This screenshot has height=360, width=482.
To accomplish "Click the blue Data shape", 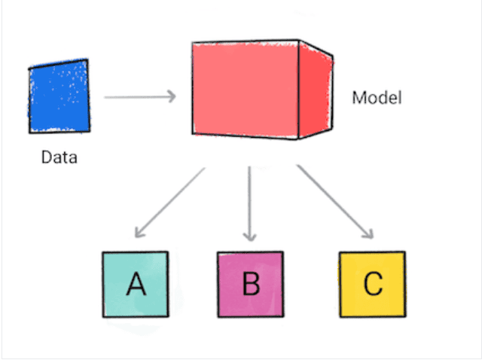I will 59,97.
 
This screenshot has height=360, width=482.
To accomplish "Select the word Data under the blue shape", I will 59,158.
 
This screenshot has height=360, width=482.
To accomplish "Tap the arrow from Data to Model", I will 139,96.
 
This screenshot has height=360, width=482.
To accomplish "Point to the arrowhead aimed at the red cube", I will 172,96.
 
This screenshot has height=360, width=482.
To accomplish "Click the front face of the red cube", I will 245,88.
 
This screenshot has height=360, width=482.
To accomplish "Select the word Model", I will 377,98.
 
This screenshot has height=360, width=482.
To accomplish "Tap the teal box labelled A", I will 136,284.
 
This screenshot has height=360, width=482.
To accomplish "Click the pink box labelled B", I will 250,285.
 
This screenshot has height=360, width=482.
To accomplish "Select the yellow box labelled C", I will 372,284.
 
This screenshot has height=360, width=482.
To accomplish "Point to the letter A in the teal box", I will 136,285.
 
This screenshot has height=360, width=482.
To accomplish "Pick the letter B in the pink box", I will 251,285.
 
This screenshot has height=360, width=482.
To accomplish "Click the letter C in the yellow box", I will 372,285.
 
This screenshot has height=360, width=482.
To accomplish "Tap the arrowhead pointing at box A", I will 139,233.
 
